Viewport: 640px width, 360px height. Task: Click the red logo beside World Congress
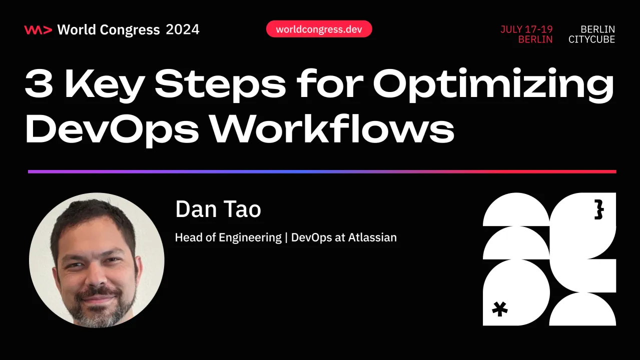coord(38,29)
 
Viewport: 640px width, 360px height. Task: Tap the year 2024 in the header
coord(183,29)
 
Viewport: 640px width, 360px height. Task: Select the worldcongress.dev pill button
coord(319,29)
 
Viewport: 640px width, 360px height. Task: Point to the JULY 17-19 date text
coord(526,29)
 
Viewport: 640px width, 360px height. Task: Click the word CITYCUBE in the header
coord(591,39)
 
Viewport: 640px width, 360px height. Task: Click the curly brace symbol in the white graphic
coord(598,210)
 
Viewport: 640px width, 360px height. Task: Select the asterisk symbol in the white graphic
coord(499,308)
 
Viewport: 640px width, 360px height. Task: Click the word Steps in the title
coord(222,83)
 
